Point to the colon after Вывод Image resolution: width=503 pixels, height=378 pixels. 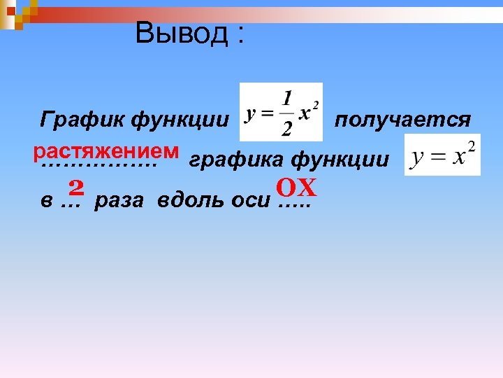(x=241, y=36)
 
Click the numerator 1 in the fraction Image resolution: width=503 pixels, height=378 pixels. (x=287, y=96)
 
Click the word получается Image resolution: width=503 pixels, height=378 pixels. (x=402, y=120)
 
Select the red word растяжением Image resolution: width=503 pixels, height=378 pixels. (x=105, y=150)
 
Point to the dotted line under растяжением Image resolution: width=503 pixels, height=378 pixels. (x=99, y=166)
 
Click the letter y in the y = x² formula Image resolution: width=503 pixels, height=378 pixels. (x=417, y=157)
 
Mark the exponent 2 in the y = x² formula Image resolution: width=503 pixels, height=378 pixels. (x=471, y=146)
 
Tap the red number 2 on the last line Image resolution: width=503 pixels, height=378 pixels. (x=76, y=187)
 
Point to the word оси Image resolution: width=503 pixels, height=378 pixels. (x=250, y=201)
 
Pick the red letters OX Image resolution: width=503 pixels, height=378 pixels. (x=296, y=188)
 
